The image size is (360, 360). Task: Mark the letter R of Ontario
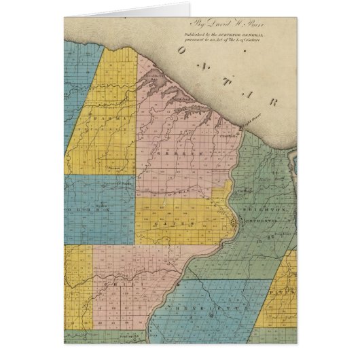click(273, 103)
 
